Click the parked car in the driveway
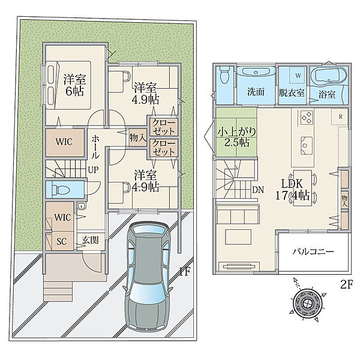pos(148,275)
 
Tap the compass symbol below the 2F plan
pos(307,304)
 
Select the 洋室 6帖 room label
pos(74,85)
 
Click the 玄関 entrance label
pos(91,241)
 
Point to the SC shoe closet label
pos(61,241)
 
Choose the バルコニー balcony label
pos(313,252)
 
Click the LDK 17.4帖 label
pos(292,190)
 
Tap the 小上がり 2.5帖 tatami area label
pos(237,137)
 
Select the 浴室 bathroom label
pos(327,94)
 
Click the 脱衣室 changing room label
pos(292,93)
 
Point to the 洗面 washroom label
pos(256,92)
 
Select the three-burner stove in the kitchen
pos(307,118)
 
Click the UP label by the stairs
pos(94,170)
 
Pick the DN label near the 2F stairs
pos(258,190)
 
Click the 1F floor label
pos(185,272)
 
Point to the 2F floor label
pos(346,285)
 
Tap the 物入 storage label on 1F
pos(137,138)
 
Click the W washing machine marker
pos(298,76)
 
